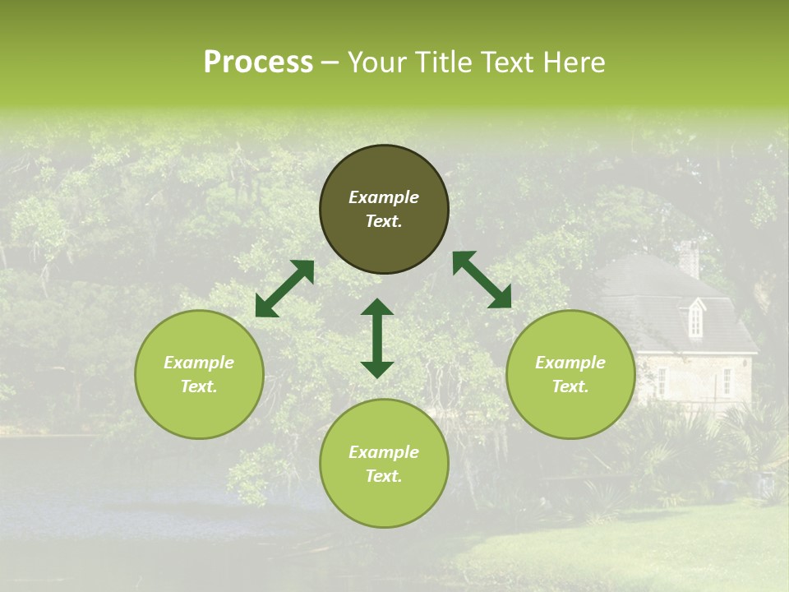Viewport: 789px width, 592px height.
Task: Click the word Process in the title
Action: point(258,62)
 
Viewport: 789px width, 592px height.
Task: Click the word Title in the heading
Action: point(443,62)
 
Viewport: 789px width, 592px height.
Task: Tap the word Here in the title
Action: point(573,62)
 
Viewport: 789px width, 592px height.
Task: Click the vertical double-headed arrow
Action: point(377,339)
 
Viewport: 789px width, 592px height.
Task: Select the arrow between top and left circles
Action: point(284,289)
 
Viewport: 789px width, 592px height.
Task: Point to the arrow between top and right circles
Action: point(482,280)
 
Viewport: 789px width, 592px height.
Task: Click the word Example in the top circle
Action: point(384,197)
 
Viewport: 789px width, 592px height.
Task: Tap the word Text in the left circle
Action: point(199,386)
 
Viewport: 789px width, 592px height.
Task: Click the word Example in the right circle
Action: point(570,363)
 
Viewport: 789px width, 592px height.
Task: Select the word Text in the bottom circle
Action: point(384,476)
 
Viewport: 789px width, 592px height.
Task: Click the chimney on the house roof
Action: point(689,258)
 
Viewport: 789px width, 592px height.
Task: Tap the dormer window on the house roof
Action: point(695,317)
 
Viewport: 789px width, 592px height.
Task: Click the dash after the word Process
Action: point(330,63)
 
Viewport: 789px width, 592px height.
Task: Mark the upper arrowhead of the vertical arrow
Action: point(377,308)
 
